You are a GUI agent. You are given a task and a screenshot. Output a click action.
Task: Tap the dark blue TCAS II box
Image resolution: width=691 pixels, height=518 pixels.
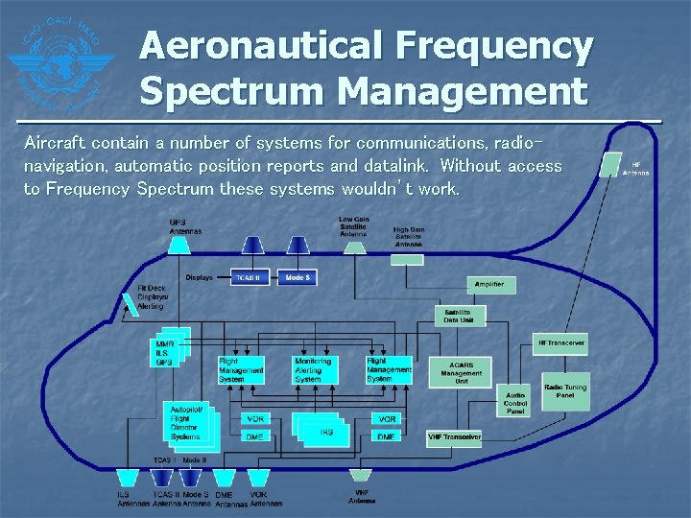pyautogui.click(x=250, y=277)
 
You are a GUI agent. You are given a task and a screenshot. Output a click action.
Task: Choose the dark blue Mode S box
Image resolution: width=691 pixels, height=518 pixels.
pyautogui.click(x=298, y=277)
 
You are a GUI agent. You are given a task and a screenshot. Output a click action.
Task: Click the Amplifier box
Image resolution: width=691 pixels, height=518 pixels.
pyautogui.click(x=490, y=285)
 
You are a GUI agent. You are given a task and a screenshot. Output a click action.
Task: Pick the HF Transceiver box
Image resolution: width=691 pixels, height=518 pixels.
pyautogui.click(x=560, y=342)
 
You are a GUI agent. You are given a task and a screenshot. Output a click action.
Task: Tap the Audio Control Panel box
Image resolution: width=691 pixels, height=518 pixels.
pyautogui.click(x=515, y=401)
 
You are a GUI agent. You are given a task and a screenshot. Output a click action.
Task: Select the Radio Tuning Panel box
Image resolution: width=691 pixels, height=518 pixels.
pyautogui.click(x=566, y=391)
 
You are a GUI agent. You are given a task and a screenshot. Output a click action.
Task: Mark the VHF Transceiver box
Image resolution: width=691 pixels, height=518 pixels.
pyautogui.click(x=454, y=437)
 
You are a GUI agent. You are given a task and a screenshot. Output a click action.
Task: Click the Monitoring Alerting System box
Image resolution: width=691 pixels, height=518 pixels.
pyautogui.click(x=315, y=370)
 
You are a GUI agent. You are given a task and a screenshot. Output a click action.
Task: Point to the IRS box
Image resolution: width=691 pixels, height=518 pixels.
pyautogui.click(x=326, y=433)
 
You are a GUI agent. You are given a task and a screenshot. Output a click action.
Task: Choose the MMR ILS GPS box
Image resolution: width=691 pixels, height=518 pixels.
pyautogui.click(x=167, y=353)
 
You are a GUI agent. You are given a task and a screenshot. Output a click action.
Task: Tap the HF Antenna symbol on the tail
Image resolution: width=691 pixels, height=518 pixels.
pyautogui.click(x=609, y=165)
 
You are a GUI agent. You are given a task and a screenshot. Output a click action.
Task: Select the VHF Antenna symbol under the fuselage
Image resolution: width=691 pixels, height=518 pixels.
pyautogui.click(x=360, y=476)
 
